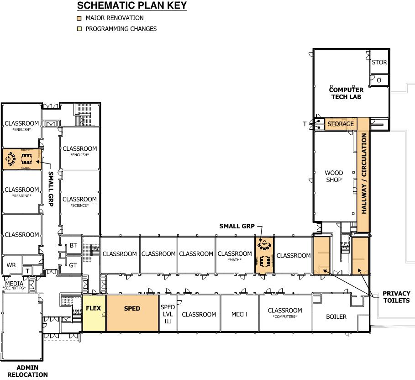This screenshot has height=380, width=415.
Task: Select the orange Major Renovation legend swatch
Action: tap(79, 18)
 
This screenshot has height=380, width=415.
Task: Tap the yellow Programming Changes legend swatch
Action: tap(79, 29)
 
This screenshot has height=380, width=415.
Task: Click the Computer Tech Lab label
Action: tap(346, 93)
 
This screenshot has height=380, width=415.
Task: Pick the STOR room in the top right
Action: tap(379, 63)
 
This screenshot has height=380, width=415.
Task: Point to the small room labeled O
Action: tap(379, 80)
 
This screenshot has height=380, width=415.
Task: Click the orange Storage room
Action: tap(341, 124)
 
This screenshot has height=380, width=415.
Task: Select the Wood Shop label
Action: tap(334, 176)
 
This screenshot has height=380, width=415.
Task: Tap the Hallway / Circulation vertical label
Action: tap(364, 174)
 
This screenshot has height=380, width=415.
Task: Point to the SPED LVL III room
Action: tap(168, 313)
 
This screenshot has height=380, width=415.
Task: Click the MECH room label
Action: tap(239, 314)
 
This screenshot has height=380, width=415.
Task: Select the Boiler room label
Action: tap(336, 317)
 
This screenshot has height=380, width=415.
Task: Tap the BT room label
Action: tap(74, 246)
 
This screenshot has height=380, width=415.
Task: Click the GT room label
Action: tap(73, 265)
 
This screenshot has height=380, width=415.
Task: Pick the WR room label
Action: tap(11, 265)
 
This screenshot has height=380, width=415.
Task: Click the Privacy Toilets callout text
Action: tap(396, 297)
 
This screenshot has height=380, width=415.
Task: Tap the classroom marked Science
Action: tap(80, 201)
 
